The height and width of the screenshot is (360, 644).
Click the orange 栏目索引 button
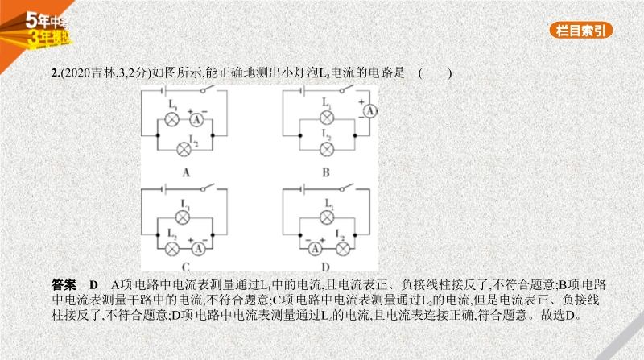580,31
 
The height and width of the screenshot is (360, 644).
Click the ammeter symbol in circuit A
196,119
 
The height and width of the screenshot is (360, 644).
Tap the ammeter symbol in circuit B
369,110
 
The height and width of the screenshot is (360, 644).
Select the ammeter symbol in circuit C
198,249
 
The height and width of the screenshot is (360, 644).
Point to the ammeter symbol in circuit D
315,249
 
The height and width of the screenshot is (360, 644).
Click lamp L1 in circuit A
171,119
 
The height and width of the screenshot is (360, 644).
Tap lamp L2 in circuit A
184,150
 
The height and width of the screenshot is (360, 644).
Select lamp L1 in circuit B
327,118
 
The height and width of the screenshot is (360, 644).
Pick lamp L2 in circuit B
327,150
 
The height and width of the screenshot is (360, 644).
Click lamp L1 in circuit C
183,217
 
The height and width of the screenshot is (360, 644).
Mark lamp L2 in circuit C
171,249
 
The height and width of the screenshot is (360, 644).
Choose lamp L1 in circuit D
327,217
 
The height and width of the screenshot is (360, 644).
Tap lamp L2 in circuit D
343,249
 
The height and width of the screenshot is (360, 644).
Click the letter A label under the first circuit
186,172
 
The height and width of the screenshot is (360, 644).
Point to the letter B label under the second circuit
326,172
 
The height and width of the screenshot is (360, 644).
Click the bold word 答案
64,285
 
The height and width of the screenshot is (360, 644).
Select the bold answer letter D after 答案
93,285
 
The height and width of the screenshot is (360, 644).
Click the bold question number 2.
56,73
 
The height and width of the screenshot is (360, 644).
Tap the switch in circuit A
208,89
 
